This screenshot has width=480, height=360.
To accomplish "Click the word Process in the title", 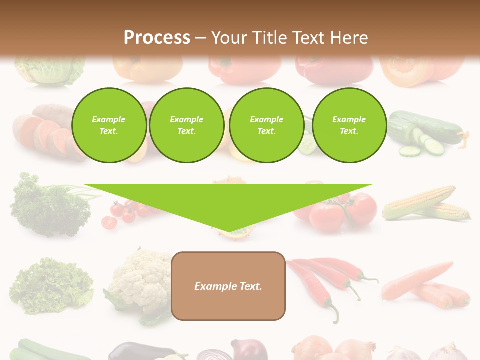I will coord(157,37).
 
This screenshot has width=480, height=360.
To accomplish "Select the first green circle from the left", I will coord(109,125).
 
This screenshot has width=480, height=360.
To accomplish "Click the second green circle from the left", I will coord(186,125).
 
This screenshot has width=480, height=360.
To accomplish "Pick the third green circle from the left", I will coord(266,125).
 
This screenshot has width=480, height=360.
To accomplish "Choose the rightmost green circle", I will coord(349,125).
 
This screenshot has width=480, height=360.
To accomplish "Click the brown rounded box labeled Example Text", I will coord(228,286).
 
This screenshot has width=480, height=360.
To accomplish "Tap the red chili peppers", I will coord(330,280).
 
